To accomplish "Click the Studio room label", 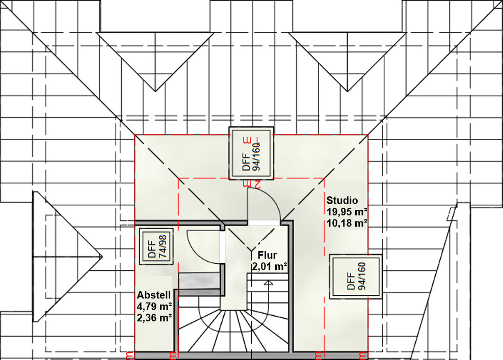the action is click(342, 200).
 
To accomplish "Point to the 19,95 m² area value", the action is click(347, 212).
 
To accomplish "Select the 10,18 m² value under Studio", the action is click(347, 223).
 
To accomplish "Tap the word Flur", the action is click(267, 255).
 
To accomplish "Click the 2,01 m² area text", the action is click(269, 266).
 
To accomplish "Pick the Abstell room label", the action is click(154, 295).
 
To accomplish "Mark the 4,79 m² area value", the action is click(154, 306).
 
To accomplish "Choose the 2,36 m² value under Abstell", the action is click(154, 318).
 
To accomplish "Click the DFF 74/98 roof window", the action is click(156, 246).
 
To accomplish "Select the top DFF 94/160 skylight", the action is click(251, 153).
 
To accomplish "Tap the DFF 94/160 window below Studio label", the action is click(356, 276).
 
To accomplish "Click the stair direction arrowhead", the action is click(269, 283).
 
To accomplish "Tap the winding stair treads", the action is click(234, 330).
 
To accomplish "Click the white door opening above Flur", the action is click(264, 223).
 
